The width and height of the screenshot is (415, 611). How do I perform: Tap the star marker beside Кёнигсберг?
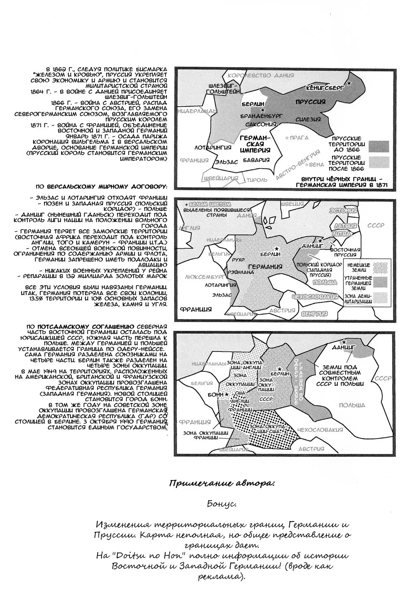(349, 83)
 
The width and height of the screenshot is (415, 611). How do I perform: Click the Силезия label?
(308, 119)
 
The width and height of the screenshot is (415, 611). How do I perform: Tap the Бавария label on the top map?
(254, 160)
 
